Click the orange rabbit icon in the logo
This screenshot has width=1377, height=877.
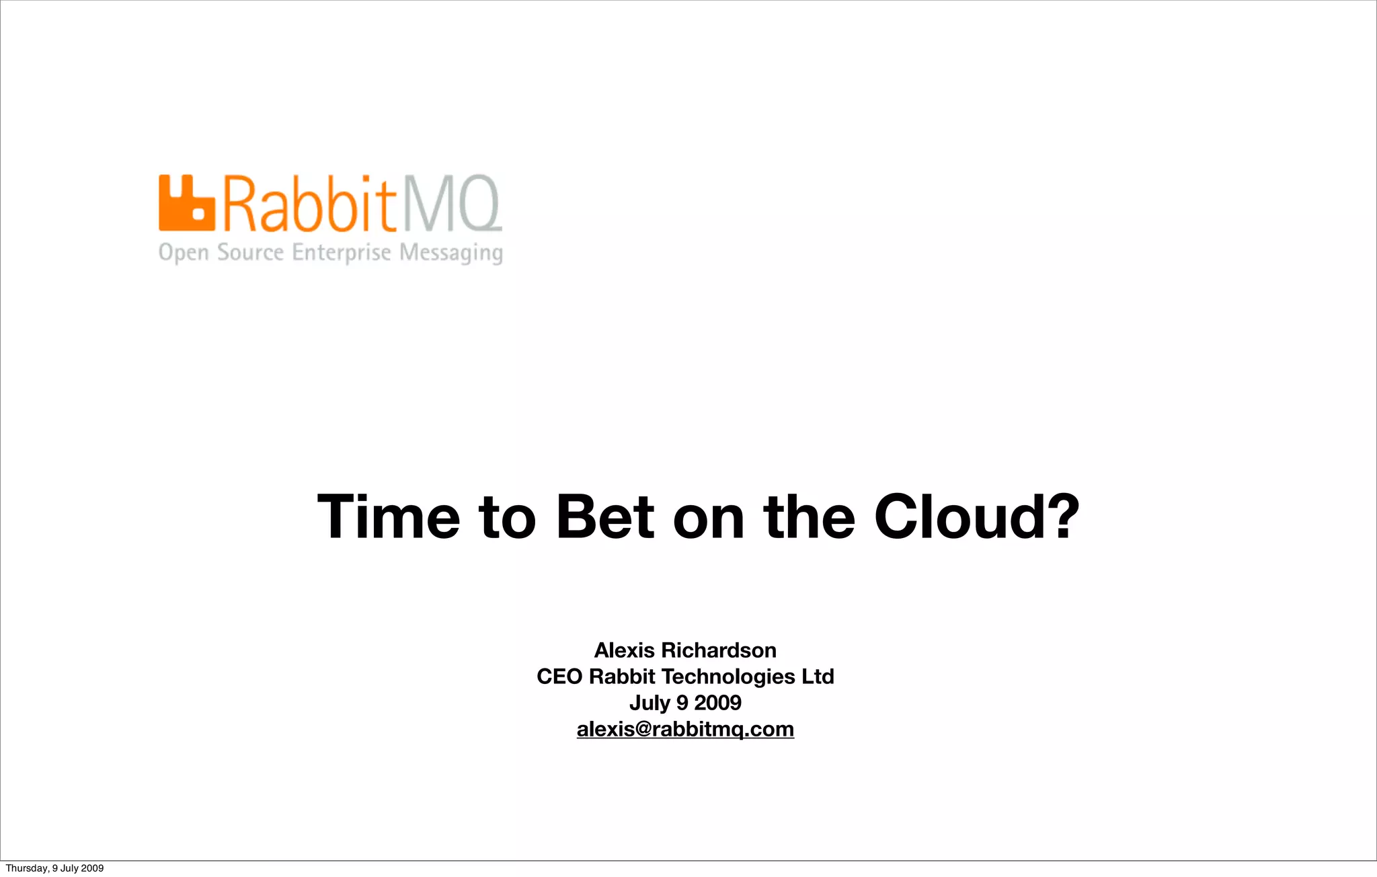pos(186,203)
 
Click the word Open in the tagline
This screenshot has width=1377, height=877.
pos(184,254)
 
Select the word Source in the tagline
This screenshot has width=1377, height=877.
pos(250,253)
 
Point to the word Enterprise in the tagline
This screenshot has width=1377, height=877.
pos(341,253)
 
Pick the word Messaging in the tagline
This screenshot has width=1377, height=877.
pos(451,254)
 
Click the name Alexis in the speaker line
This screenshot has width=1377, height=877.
pos(624,650)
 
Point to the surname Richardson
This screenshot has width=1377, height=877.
pos(719,650)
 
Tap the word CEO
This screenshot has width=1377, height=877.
pos(559,677)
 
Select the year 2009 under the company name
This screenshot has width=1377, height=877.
pos(717,703)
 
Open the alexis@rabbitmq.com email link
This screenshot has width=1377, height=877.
pos(685,729)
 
